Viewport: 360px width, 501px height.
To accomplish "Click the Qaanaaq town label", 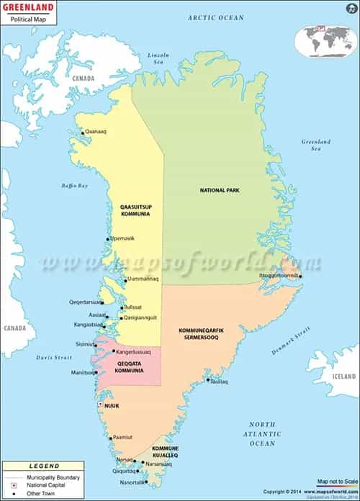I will pyautogui.click(x=96, y=132).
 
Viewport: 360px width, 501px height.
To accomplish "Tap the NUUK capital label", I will pyautogui.click(x=112, y=405).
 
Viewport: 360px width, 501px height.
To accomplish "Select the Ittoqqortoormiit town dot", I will pyautogui.click(x=300, y=276).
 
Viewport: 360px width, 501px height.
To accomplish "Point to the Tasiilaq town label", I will pyautogui.click(x=219, y=382).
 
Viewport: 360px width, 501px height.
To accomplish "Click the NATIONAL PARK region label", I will pyautogui.click(x=220, y=190).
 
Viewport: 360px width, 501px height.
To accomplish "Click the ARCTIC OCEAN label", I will pyautogui.click(x=215, y=17).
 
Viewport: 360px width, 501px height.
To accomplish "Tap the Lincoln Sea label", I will pyautogui.click(x=158, y=58).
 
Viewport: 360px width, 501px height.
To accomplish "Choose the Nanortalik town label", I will pyautogui.click(x=132, y=482).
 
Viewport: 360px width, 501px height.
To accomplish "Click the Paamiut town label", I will pyautogui.click(x=122, y=437).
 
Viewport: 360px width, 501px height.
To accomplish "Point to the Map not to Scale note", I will pyautogui.click(x=337, y=481).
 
